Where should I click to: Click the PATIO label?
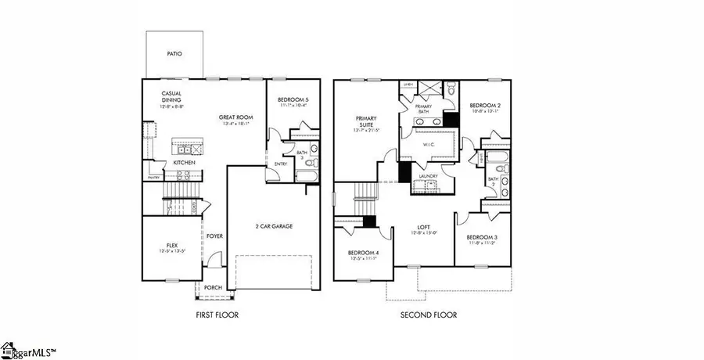click(175, 54)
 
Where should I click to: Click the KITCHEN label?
click(185, 162)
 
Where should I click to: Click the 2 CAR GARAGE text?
click(274, 226)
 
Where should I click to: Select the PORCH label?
click(212, 288)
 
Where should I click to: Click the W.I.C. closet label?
click(429, 144)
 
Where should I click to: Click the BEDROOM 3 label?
click(482, 238)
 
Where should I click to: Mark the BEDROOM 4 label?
click(364, 253)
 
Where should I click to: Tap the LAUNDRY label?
click(427, 176)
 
